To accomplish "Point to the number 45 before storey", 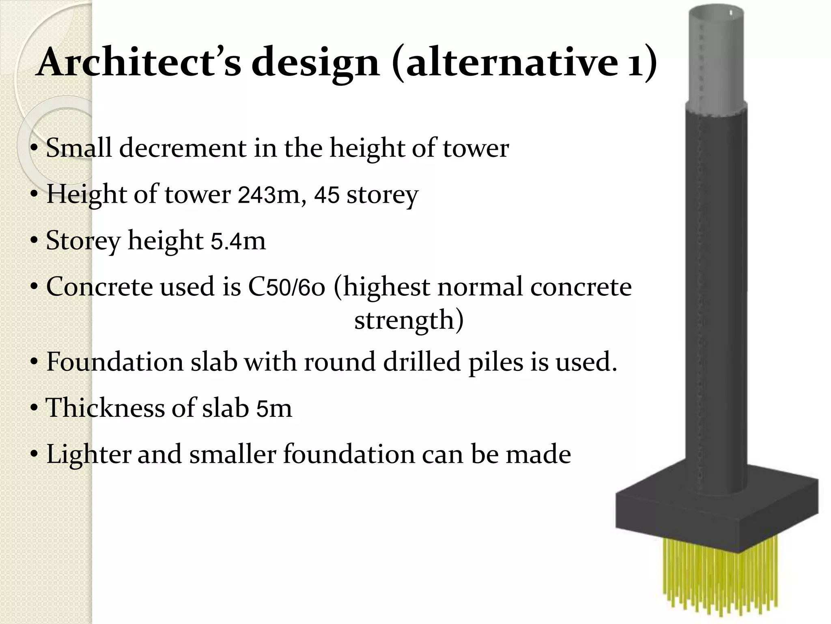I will tap(327, 194).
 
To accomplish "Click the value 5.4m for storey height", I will tap(238, 240).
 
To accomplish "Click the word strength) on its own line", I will tap(409, 320).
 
